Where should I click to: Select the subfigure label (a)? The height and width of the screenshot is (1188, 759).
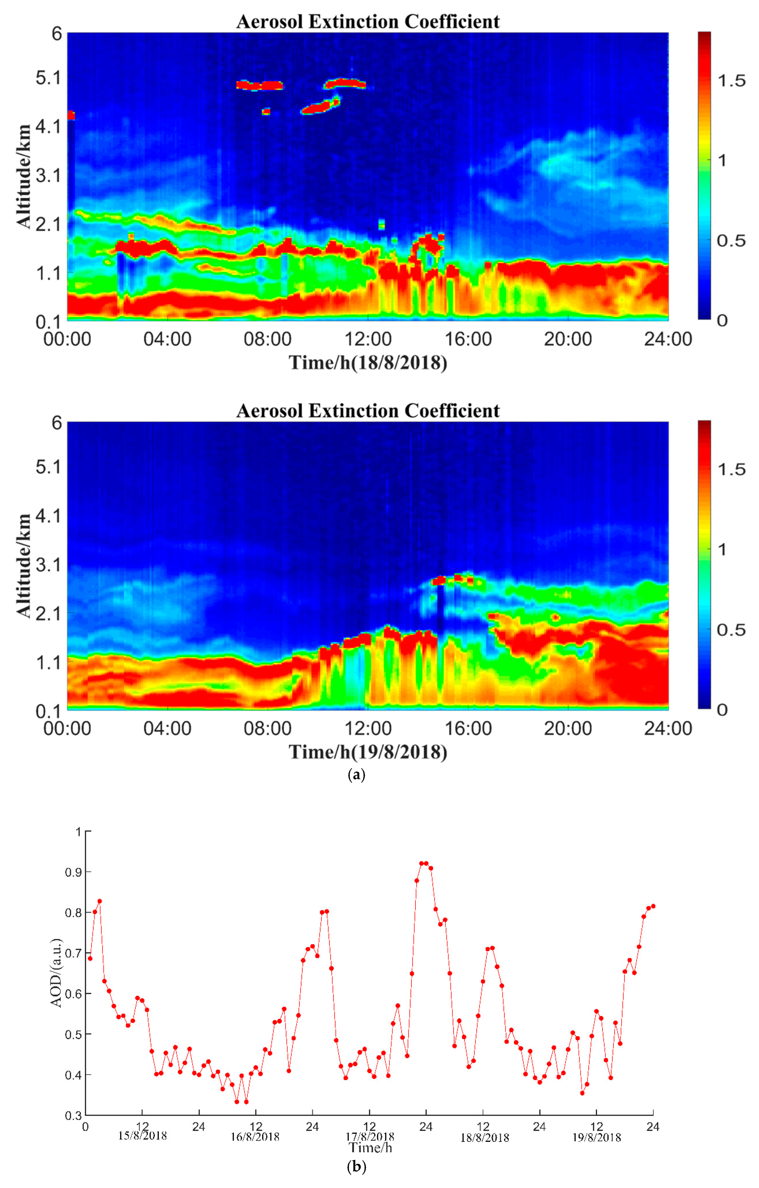click(356, 775)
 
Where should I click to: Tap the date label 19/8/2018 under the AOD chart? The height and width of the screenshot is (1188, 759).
click(596, 1137)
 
